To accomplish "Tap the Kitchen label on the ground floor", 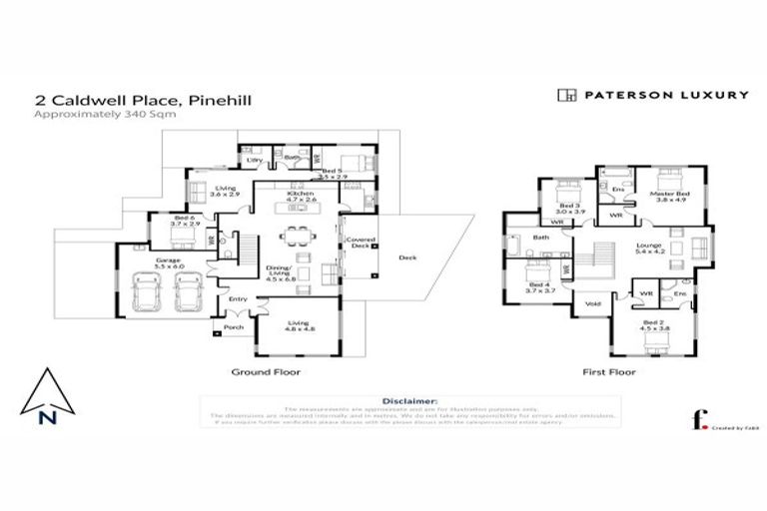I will click(x=302, y=193).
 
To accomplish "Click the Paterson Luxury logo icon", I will click(x=566, y=96).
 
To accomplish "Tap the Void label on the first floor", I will click(x=592, y=303).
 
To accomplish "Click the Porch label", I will click(x=234, y=326).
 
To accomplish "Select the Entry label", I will click(x=238, y=298).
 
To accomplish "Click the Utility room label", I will click(x=255, y=160).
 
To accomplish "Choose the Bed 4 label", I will click(x=536, y=284).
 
